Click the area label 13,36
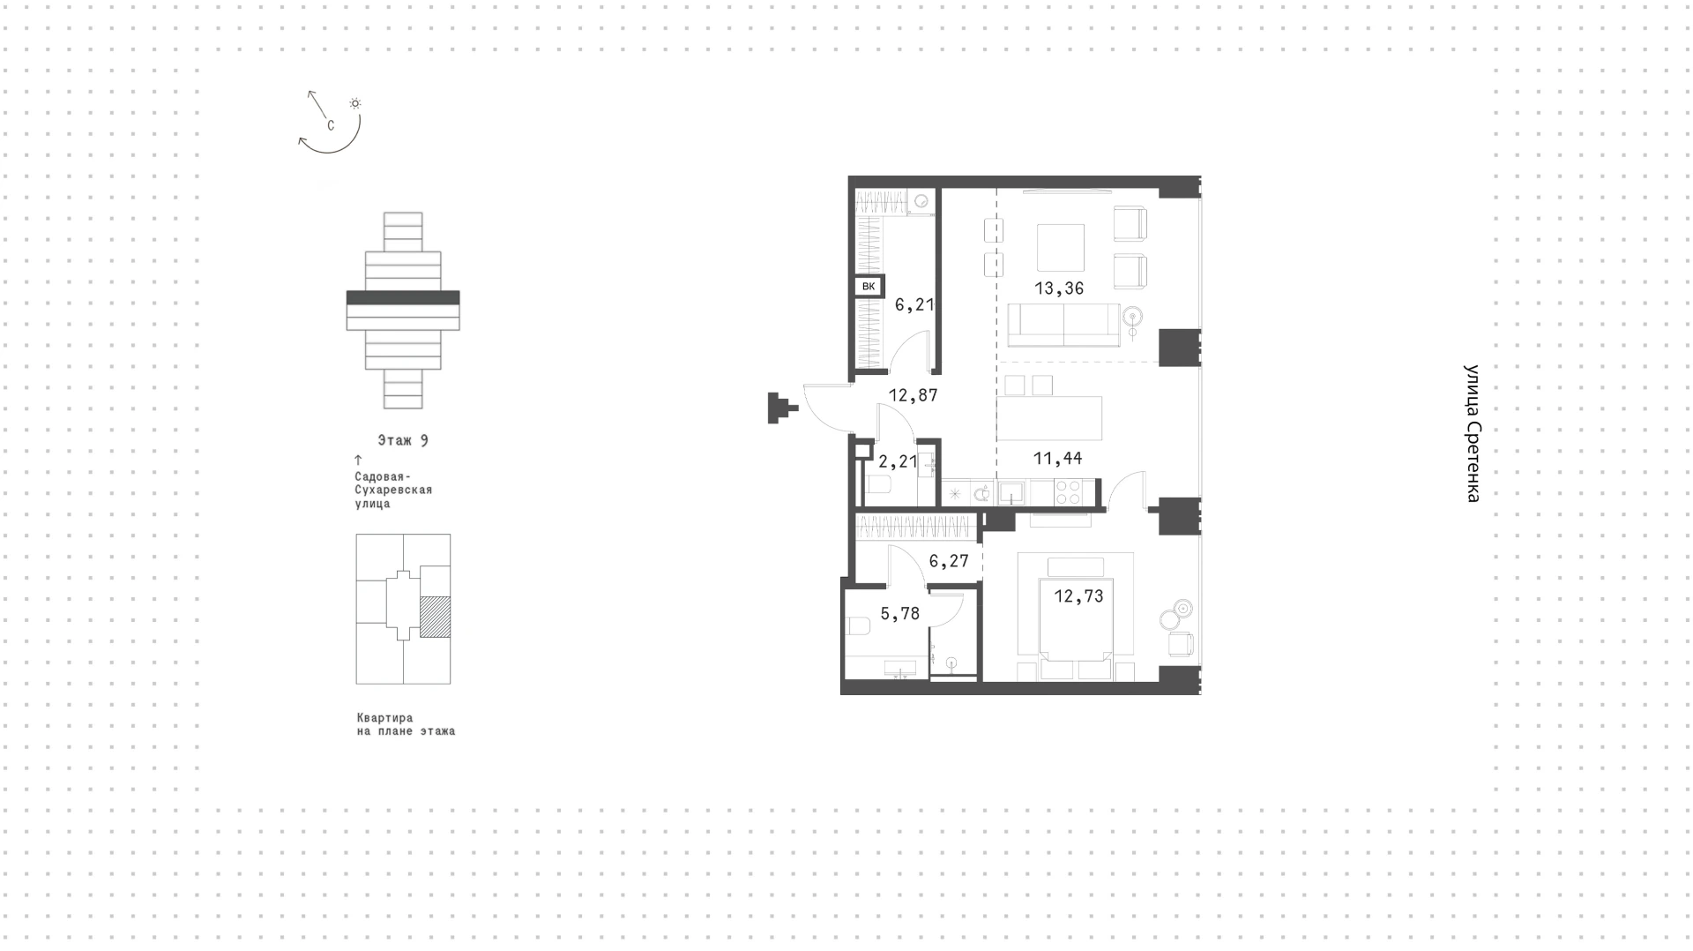1059,288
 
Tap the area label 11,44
1057,459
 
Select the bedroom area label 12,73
1078,596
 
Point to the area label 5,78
899,614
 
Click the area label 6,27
949,561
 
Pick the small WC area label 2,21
898,461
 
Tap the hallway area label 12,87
913,396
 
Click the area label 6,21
914,305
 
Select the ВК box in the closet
869,287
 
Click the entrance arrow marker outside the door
782,408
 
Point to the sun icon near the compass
355,103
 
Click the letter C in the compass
331,126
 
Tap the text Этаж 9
403,440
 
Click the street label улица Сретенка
1472,433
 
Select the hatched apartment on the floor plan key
435,618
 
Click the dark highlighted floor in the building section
403,298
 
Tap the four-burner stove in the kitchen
1068,492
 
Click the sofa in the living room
1064,326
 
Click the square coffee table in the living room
1061,248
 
